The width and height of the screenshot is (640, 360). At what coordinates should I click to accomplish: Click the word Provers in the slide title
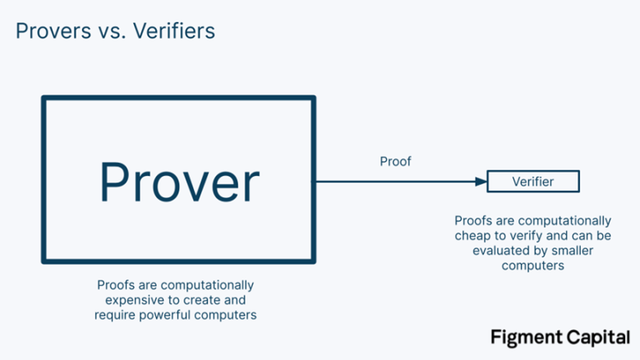(52, 31)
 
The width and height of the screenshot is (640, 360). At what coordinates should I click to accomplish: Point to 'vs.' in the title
(107, 32)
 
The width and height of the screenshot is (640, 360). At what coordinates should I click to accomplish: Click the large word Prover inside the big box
(179, 182)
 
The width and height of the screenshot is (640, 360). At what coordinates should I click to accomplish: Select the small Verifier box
(532, 182)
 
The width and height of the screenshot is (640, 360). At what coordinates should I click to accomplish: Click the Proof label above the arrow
(395, 162)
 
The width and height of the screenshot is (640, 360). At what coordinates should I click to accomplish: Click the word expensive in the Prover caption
(122, 300)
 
